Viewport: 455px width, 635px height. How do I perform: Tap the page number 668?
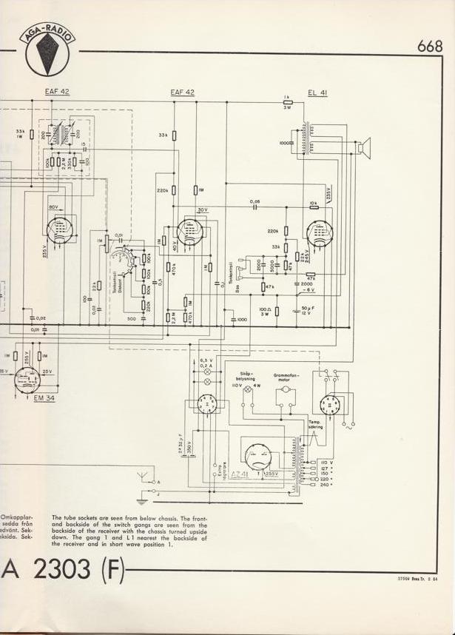tap(429, 46)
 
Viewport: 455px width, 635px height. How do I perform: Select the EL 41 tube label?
tap(317, 93)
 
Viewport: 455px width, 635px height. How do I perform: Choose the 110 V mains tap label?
tap(326, 462)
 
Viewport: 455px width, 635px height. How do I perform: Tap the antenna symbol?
tap(141, 474)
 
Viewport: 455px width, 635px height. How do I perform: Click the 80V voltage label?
tap(53, 206)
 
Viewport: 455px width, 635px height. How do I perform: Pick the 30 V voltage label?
tap(201, 210)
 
